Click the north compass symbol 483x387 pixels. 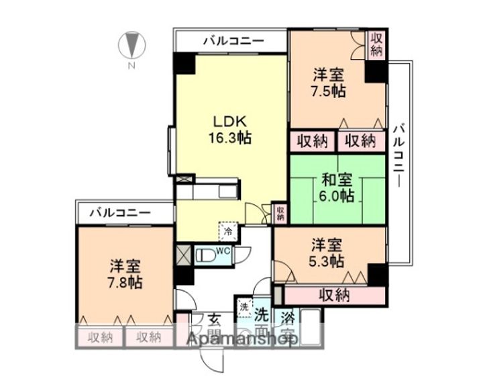[x=131, y=46]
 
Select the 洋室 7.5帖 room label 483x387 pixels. [x=329, y=83]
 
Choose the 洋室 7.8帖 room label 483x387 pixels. [x=125, y=272]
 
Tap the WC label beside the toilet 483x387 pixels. [x=224, y=251]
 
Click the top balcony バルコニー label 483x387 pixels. [x=234, y=41]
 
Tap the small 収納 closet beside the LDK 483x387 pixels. [x=281, y=213]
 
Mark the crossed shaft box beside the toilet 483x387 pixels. [x=183, y=255]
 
